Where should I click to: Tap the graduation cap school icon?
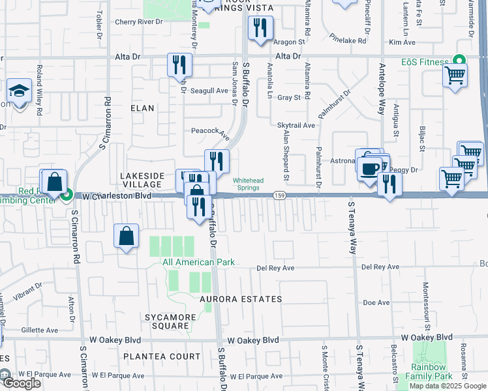20,91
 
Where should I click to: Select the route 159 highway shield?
279,195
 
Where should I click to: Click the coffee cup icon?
369,169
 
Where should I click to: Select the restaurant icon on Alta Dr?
179,65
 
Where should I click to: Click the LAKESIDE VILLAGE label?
145,181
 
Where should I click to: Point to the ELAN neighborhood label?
142,108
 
